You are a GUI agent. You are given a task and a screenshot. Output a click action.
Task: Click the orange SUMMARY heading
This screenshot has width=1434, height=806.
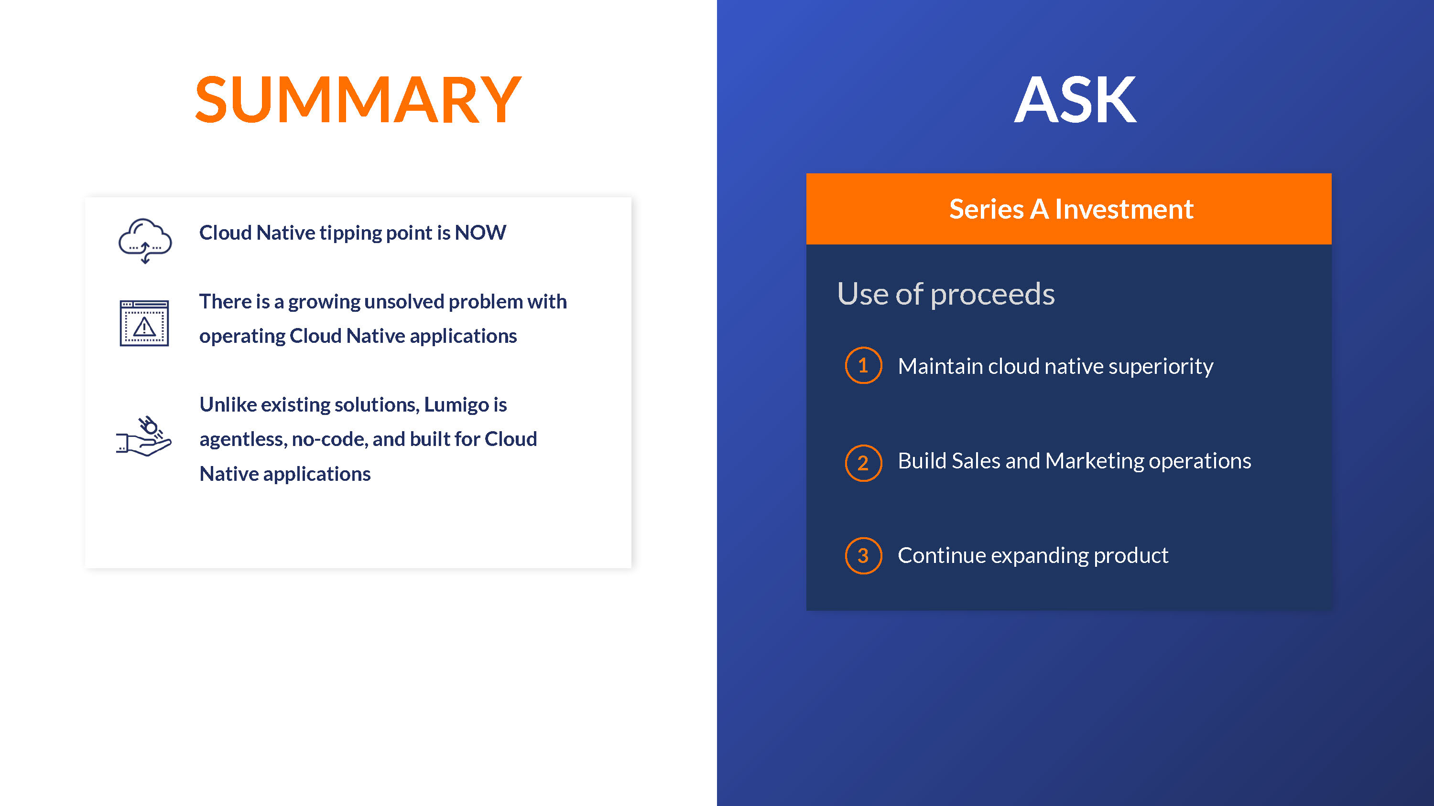358,100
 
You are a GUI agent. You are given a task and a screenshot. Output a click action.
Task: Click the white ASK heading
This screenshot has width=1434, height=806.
1075,100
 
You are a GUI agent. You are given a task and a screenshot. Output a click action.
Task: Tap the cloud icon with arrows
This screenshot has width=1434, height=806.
145,240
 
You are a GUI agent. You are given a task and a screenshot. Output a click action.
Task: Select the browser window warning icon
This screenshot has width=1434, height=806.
144,323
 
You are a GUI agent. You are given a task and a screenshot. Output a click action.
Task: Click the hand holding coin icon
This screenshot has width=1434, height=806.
143,436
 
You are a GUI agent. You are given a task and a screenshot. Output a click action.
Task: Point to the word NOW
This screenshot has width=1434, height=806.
480,233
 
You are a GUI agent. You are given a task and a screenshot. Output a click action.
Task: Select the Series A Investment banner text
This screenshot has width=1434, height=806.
1071,209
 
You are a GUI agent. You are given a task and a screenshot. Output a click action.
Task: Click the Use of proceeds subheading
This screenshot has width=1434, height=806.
946,294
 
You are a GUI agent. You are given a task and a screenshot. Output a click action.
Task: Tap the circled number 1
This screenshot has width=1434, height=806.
863,365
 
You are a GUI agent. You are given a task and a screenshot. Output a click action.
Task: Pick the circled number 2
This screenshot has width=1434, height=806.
863,463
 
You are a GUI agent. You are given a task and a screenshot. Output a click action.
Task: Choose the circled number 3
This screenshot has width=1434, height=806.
863,555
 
